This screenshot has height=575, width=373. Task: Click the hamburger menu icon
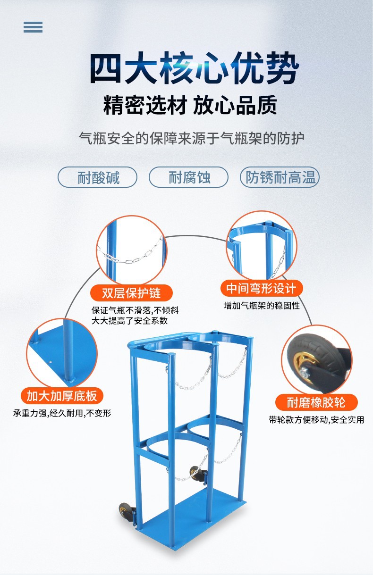click(x=33, y=27)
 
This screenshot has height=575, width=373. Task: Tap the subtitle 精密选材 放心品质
click(x=190, y=105)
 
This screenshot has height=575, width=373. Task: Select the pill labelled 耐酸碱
click(x=98, y=178)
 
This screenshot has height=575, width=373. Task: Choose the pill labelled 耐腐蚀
click(x=189, y=178)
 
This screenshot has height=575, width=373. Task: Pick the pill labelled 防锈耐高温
click(x=280, y=178)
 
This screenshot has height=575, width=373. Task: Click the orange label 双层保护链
click(x=131, y=292)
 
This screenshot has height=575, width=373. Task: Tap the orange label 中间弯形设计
click(x=261, y=288)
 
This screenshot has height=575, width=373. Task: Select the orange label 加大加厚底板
click(x=62, y=395)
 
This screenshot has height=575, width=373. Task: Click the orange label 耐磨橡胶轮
click(x=316, y=402)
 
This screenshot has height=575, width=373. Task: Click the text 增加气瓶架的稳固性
click(x=262, y=306)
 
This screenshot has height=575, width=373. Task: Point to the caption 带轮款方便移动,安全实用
click(x=316, y=419)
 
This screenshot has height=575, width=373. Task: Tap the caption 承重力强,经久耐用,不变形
click(x=62, y=413)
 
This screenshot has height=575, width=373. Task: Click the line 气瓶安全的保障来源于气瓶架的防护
click(x=191, y=138)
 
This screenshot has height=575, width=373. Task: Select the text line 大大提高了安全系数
click(x=129, y=321)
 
